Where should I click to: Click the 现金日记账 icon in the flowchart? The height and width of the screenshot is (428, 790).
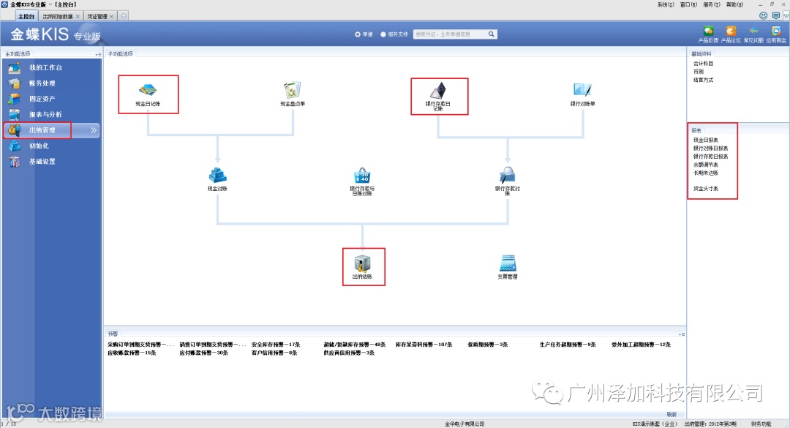[x=148, y=90]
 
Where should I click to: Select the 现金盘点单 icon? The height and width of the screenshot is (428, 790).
[x=293, y=90]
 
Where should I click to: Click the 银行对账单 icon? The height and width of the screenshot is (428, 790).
[x=582, y=90]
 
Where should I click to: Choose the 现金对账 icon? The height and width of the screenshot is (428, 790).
[x=217, y=176]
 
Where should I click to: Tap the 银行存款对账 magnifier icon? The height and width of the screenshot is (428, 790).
[x=507, y=175]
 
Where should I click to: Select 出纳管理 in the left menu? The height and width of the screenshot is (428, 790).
[x=42, y=130]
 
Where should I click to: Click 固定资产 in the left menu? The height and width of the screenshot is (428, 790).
[x=42, y=99]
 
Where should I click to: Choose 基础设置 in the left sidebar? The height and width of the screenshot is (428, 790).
[x=42, y=162]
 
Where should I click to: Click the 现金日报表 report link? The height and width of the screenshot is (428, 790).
[x=706, y=140]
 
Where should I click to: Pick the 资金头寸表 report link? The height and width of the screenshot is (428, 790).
[x=706, y=189]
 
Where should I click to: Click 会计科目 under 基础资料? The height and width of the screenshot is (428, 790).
[x=703, y=64]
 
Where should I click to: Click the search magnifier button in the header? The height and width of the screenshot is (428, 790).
[x=492, y=34]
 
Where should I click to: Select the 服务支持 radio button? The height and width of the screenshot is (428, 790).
[x=383, y=34]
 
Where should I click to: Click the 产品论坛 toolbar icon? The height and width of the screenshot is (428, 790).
[x=730, y=32]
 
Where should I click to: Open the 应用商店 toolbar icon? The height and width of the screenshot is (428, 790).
[x=775, y=32]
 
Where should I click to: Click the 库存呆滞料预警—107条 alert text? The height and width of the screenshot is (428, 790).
[x=424, y=344]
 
